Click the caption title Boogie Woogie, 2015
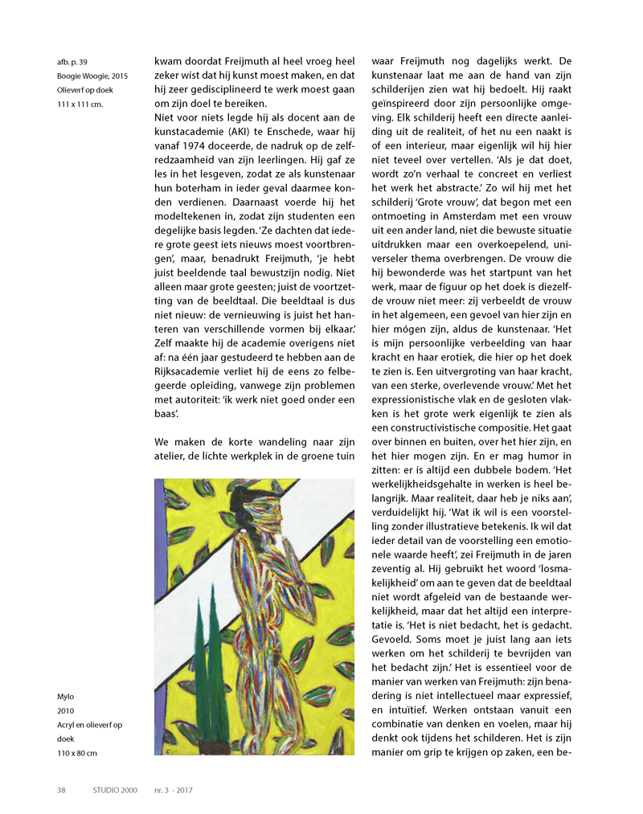(x=92, y=76)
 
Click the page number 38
(x=61, y=790)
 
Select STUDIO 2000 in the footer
(x=115, y=790)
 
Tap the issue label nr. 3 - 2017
(x=174, y=790)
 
